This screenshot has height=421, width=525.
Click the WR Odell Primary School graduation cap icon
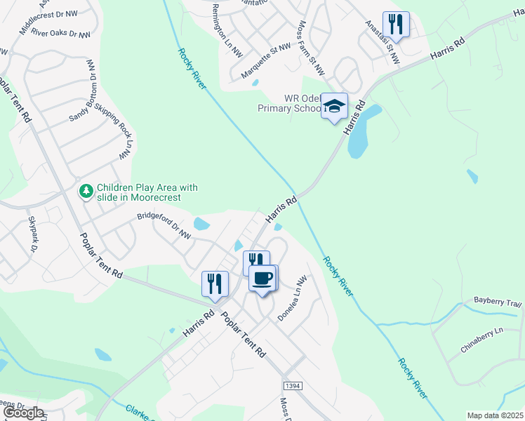(x=335, y=106)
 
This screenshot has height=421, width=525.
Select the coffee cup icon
(x=263, y=278)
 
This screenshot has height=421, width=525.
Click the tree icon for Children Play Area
(x=86, y=190)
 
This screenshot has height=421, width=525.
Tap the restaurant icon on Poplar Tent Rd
(x=215, y=283)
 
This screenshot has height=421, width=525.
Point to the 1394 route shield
(x=293, y=387)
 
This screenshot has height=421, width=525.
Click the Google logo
(x=23, y=413)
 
